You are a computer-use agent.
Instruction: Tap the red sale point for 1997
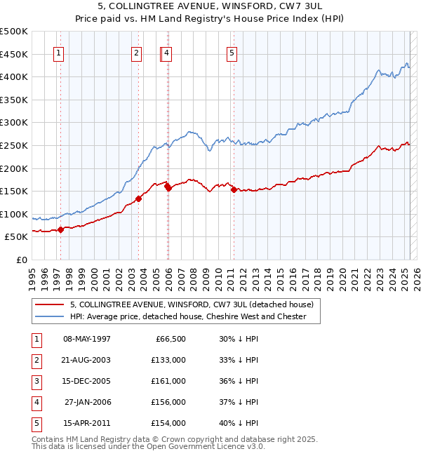[60, 229]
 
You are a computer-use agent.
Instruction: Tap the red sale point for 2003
[139, 199]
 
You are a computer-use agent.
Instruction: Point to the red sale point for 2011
[234, 189]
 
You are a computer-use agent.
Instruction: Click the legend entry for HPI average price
[188, 316]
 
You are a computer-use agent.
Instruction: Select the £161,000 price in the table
[168, 381]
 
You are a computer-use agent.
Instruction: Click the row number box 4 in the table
[35, 402]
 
